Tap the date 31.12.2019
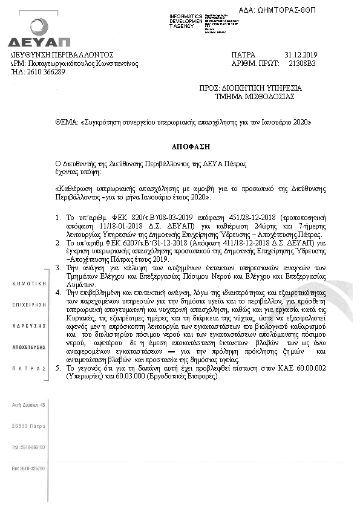tap(296, 54)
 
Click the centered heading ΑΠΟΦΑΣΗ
tap(180, 147)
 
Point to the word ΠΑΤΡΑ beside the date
tap(244, 54)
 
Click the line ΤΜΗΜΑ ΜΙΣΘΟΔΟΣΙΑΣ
tap(255, 96)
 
